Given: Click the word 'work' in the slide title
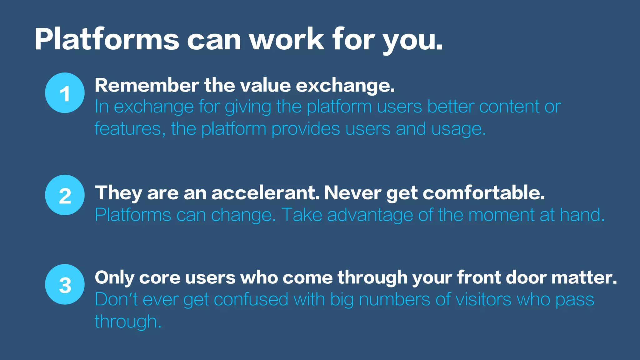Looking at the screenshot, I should [287, 39].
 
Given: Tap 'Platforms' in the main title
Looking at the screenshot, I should [107, 39].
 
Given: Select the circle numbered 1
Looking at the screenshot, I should [65, 93].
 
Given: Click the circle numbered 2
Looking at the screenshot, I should [65, 195].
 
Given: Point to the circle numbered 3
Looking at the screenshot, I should [65, 284].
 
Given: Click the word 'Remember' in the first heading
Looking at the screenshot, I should [147, 85].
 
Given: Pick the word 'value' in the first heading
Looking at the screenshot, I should [268, 85].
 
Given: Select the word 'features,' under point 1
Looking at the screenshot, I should [130, 129].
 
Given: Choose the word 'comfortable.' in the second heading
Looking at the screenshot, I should [484, 193].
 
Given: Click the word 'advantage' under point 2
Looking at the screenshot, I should [370, 215].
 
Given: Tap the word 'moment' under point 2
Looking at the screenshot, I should [501, 215].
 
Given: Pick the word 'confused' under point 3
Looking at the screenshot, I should [251, 299].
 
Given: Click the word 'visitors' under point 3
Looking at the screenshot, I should [483, 299].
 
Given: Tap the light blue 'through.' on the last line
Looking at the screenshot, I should [128, 322].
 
